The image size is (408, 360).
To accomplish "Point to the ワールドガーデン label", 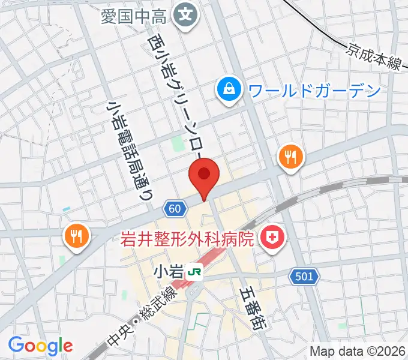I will coord(314,91).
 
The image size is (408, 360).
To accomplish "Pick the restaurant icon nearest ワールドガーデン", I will coord(291,158).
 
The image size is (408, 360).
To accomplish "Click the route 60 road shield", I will coord(174,208).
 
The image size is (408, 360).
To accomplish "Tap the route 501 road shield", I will coord(304,276).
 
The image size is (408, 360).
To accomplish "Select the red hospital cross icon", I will coord(272,239).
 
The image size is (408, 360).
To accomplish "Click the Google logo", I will coord(40,345).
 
